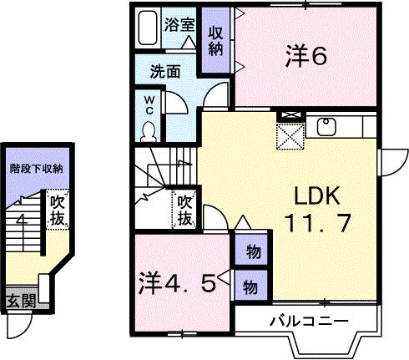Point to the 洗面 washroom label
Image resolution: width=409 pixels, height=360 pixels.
tap(165, 73)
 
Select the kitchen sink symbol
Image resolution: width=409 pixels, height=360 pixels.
tap(326, 126)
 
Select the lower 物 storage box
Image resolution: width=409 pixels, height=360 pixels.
tap(250, 285)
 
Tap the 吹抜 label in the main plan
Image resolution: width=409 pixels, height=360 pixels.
tap(185, 210)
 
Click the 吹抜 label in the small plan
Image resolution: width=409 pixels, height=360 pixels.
tap(57, 209)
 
